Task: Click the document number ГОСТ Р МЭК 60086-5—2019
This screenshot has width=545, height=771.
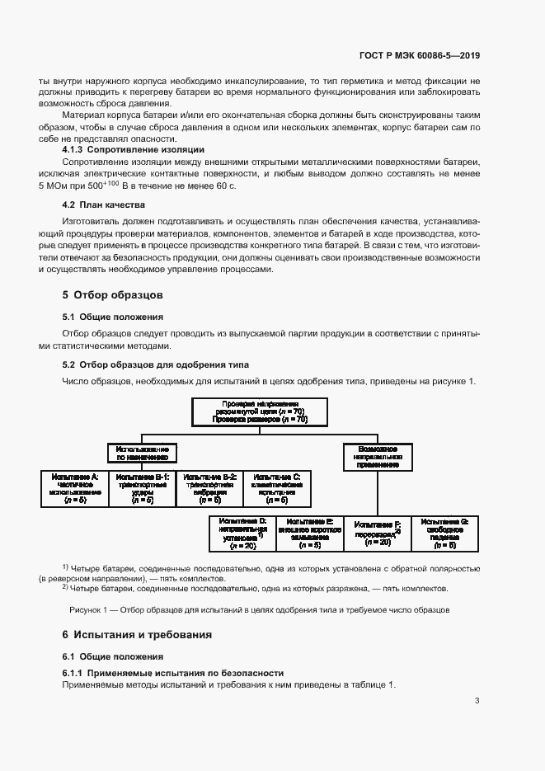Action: coord(420,56)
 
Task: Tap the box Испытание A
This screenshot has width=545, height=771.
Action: coord(74,488)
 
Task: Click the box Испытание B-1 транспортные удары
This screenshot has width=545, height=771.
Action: coord(143,488)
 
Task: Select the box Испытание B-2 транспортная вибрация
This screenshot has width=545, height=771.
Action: coord(210,488)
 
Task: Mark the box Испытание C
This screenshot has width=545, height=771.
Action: coord(277,488)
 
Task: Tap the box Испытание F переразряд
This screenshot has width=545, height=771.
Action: coord(378,534)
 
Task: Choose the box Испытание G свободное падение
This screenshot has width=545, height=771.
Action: coord(444,534)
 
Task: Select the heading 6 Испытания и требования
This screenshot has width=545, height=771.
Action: coord(137,634)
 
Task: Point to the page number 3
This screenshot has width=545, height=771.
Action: coord(477,701)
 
